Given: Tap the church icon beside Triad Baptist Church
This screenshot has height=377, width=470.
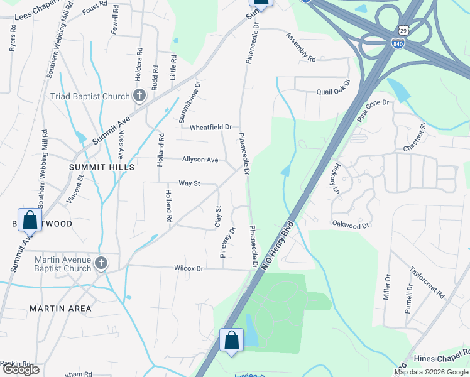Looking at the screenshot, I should click(140, 96).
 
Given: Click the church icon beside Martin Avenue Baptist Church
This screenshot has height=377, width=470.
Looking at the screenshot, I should click(101, 264).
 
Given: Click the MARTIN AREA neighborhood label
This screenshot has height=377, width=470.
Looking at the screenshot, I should click(60, 309).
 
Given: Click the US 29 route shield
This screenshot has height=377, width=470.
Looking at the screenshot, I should click(403, 30).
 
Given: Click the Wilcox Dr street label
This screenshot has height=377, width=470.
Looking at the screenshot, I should click(189, 268).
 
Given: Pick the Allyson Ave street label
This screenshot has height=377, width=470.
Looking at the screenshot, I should click(200, 160).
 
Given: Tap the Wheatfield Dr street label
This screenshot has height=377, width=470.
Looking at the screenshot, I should click(211, 127).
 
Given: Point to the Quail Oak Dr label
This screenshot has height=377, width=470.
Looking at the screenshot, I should click(333, 91).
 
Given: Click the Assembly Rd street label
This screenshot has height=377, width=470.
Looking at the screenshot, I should click(300, 48).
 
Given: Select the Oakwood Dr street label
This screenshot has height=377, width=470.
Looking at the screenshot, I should click(351, 223).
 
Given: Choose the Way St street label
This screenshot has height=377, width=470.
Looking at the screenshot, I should click(189, 183).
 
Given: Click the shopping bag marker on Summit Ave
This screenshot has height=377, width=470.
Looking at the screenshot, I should click(30, 220).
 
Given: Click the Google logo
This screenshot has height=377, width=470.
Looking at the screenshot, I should click(20, 369).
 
